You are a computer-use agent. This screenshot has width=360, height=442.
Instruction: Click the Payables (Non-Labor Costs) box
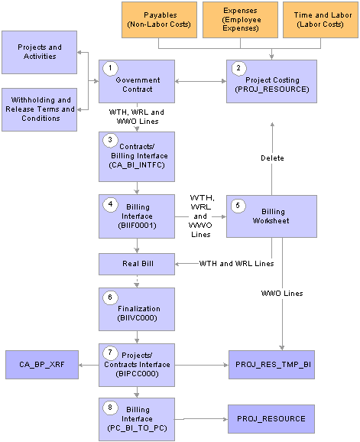159,20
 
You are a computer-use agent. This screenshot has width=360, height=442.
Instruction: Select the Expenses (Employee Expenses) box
240,20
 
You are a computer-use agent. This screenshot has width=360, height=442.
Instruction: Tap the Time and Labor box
320,20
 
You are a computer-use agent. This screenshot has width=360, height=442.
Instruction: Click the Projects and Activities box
40,53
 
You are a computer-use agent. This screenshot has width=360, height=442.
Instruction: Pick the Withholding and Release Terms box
40,109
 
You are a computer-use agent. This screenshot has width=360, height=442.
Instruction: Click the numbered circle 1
110,68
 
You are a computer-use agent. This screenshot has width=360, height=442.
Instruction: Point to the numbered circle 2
238,68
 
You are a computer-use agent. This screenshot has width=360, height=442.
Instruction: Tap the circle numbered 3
110,140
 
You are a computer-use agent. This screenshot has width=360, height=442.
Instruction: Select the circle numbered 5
238,206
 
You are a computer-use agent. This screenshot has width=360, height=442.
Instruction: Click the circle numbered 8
110,408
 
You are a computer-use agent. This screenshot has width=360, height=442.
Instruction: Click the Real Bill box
137,264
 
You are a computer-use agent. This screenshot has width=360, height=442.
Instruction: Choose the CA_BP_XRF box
42,365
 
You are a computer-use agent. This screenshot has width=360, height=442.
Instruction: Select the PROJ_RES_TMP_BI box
271,365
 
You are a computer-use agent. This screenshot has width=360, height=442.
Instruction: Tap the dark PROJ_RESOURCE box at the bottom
271,419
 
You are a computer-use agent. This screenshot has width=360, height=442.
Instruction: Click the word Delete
272,158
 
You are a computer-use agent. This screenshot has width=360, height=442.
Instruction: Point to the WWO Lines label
282,294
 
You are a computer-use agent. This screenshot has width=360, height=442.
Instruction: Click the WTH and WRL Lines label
237,264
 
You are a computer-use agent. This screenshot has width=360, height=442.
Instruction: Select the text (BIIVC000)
137,318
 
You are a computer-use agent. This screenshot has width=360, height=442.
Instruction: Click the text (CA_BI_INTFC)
137,165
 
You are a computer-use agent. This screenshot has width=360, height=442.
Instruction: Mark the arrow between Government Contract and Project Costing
200,81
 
